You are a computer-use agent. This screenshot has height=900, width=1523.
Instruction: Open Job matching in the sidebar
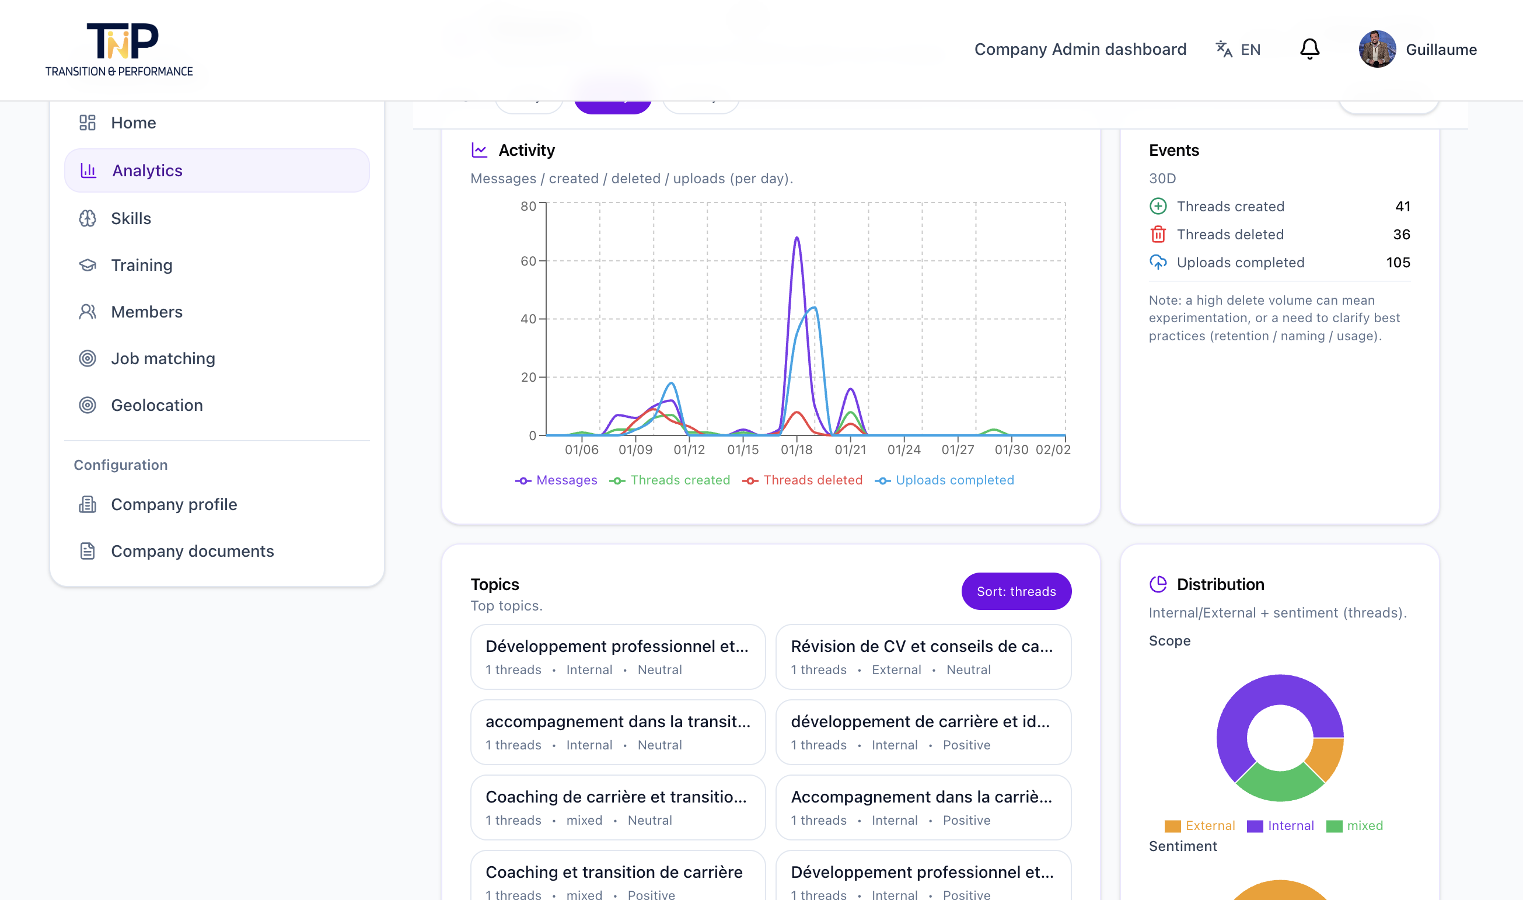(x=162, y=358)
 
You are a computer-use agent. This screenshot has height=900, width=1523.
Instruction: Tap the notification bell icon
(x=1309, y=49)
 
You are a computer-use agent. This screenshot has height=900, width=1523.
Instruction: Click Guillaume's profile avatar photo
(x=1377, y=49)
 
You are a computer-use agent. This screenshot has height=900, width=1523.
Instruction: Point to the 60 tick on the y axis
(x=528, y=261)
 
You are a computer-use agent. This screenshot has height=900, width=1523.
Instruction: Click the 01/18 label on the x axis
(x=796, y=449)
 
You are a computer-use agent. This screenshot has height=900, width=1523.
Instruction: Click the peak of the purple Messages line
(x=797, y=238)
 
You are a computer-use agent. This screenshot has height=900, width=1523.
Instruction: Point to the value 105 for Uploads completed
(x=1398, y=263)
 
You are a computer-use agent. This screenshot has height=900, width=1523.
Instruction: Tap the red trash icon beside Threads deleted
(x=1157, y=234)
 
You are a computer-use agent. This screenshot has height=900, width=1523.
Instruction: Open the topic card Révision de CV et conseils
(x=923, y=657)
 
